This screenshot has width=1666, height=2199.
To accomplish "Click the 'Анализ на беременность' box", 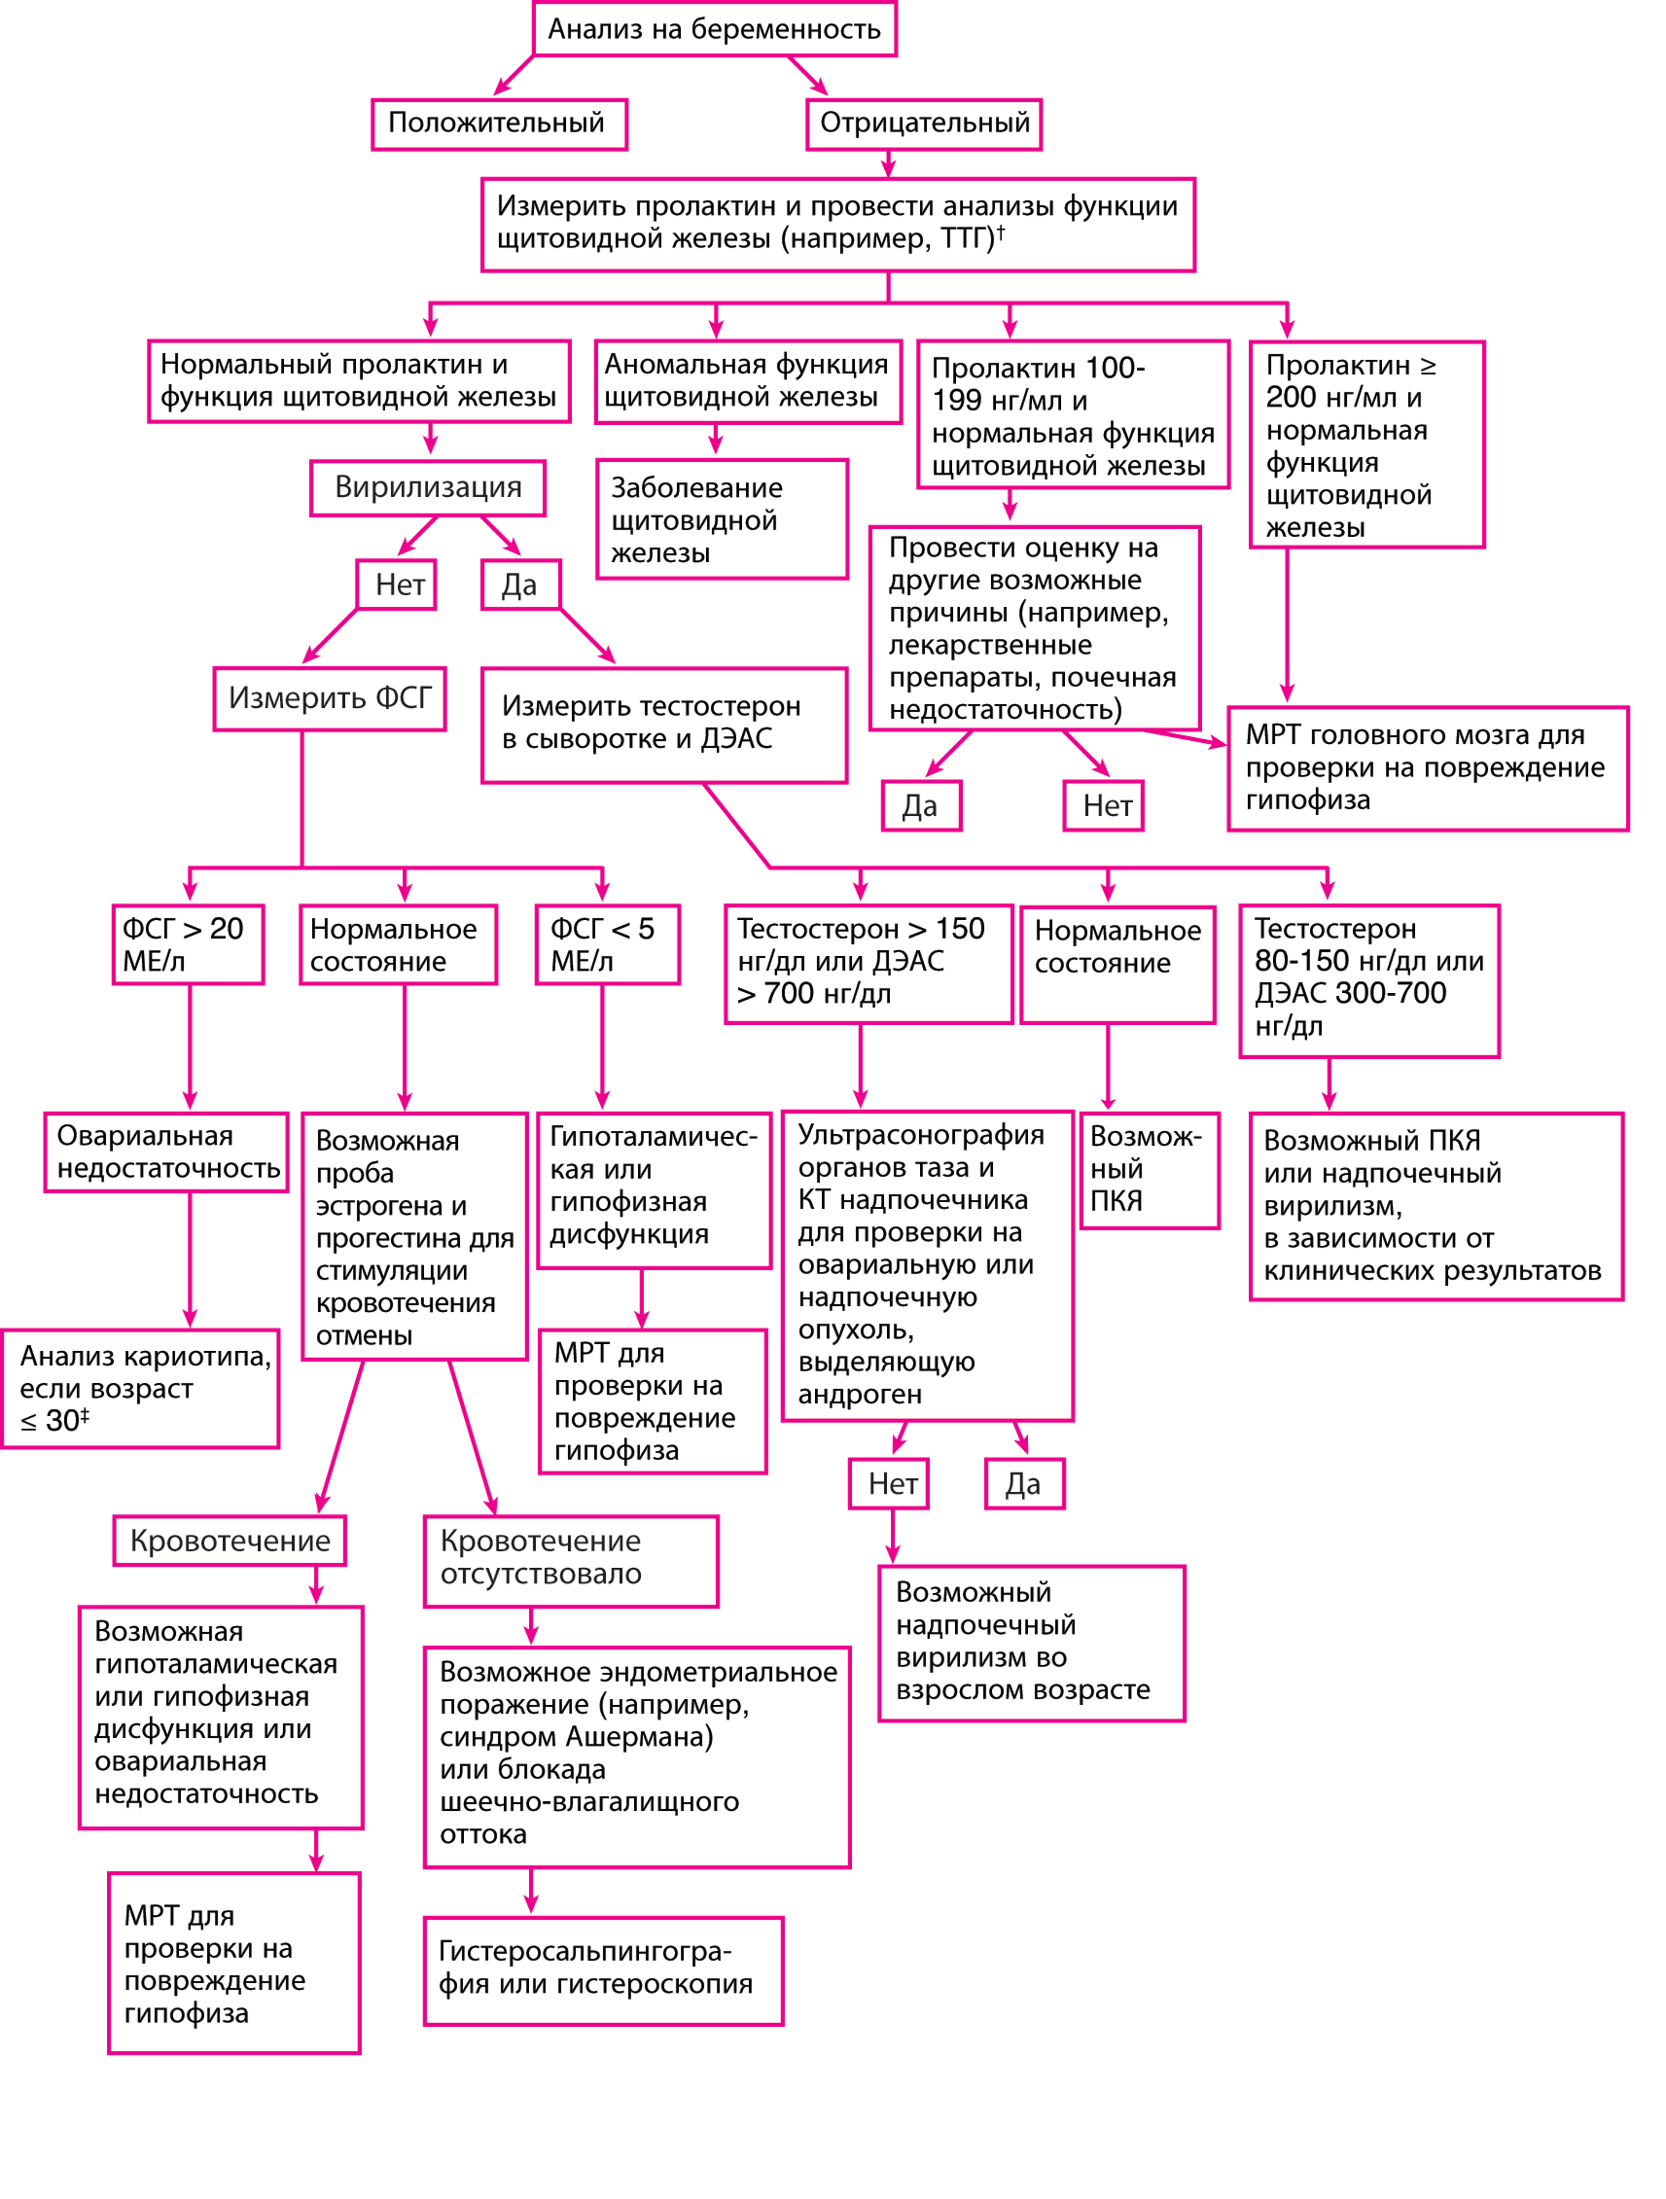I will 714,29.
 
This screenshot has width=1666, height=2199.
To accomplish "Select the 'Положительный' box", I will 499,123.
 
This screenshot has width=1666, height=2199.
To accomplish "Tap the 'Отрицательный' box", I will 923,123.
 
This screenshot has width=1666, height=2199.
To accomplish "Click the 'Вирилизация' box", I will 427,487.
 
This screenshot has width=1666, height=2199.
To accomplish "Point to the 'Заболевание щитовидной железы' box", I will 723,519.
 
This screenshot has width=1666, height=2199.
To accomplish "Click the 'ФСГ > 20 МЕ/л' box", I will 187,945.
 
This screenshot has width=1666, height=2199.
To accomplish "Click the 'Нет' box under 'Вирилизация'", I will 399,584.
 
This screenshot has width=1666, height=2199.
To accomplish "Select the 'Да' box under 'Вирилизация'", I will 519,584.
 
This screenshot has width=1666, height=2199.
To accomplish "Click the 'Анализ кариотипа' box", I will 140,1389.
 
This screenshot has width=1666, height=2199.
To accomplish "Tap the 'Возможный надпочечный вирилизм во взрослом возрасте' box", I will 1031,1643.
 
